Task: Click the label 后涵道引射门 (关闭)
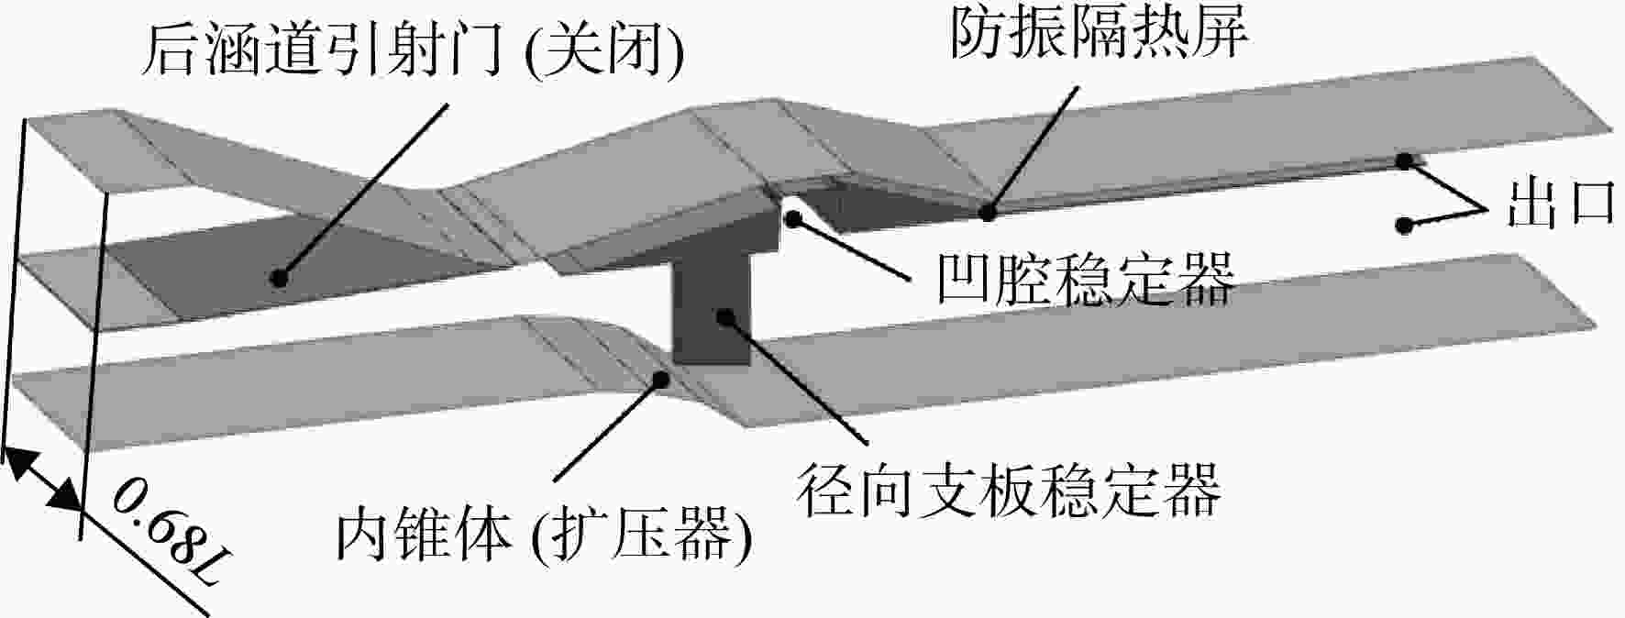tap(412, 51)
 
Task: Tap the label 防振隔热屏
tap(1099, 34)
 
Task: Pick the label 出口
tap(1560, 202)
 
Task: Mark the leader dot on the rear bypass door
tap(281, 276)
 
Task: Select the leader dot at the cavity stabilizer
tap(792, 218)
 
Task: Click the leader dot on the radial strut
tap(725, 317)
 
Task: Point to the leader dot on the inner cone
tap(659, 377)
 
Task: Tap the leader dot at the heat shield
tap(988, 213)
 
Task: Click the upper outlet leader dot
tap(1404, 161)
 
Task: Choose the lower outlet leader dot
tap(1403, 225)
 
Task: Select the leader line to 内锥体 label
tap(607, 428)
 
